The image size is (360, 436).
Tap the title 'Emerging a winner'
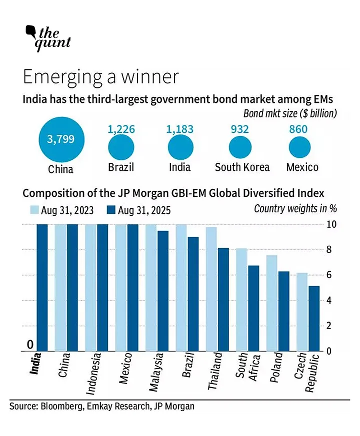pyautogui.click(x=100, y=77)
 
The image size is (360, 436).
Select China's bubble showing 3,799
pyautogui.click(x=60, y=138)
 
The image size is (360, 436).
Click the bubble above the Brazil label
pyautogui.click(x=121, y=147)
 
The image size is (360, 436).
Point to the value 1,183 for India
pyautogui.click(x=179, y=129)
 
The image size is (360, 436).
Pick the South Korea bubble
pyautogui.click(x=242, y=147)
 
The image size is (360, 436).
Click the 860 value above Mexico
pyautogui.click(x=302, y=129)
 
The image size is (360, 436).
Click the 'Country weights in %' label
pyautogui.click(x=291, y=209)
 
